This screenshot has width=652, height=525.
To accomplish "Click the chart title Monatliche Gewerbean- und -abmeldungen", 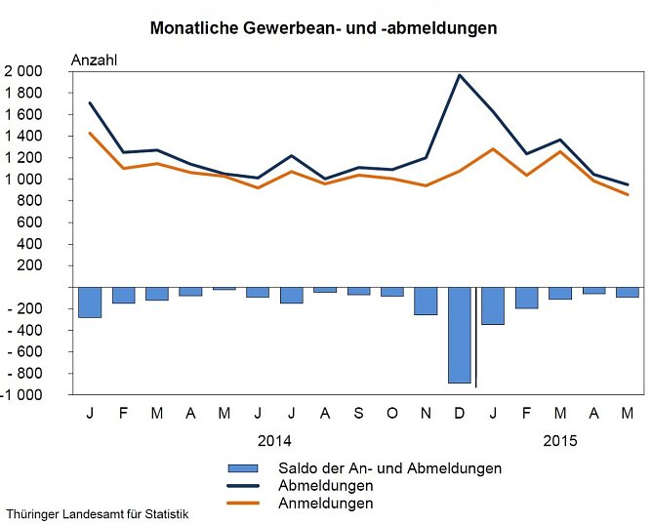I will [x=323, y=28].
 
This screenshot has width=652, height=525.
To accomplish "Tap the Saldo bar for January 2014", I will [x=90, y=303].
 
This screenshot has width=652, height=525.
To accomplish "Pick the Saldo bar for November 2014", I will [x=426, y=302].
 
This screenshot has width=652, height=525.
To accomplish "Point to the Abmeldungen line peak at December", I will [x=460, y=75].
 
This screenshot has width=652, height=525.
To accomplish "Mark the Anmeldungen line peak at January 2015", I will [x=494, y=149].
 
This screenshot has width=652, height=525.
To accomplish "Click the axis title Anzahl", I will [x=95, y=60].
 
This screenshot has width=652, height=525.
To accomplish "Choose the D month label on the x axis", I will [x=459, y=414].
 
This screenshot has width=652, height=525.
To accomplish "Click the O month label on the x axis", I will [x=392, y=414].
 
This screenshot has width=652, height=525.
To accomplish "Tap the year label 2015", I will [x=559, y=440].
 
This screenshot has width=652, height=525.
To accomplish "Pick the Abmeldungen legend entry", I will [x=325, y=486].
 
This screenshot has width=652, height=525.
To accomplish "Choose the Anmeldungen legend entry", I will [x=325, y=504].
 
